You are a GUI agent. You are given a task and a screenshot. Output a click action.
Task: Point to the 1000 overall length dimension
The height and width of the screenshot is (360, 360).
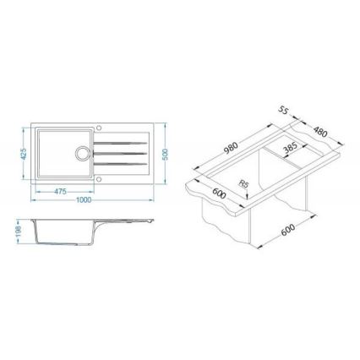83,201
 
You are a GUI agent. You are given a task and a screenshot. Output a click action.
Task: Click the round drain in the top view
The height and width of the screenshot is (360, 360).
83,154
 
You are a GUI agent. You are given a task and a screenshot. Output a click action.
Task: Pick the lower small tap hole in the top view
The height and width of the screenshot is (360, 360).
100,178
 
